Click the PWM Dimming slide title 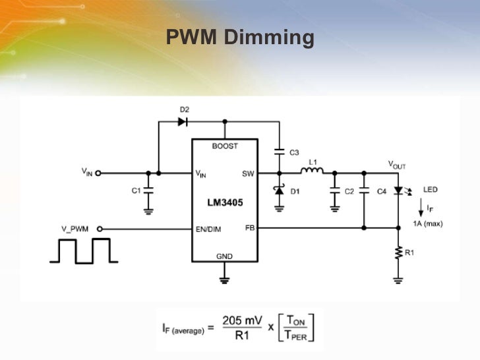coord(240,37)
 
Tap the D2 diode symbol coord(183,121)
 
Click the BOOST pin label coord(224,146)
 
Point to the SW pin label coord(248,173)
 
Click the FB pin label coord(249,227)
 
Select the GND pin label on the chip coord(224,256)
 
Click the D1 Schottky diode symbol coord(280,191)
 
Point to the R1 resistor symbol coord(398,253)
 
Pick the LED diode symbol coord(398,191)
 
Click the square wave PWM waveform coord(82,251)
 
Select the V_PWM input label coord(75,229)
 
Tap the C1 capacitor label coord(136,191)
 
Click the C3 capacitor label coord(294,152)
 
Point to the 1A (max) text coord(428,224)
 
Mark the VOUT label coord(397,165)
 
